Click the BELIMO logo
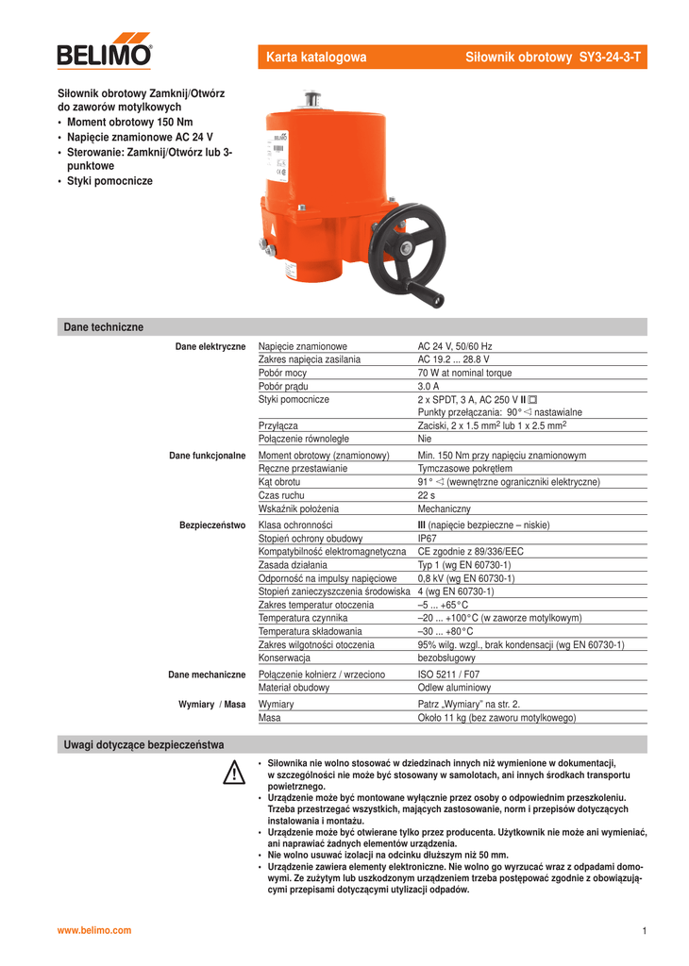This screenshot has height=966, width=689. click(104, 50)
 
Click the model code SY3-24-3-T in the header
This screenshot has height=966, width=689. click(610, 58)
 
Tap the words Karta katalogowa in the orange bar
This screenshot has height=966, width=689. click(316, 58)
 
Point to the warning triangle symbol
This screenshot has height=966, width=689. click(234, 772)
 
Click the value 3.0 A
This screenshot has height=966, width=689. click(429, 386)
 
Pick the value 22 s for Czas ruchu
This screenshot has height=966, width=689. click(427, 495)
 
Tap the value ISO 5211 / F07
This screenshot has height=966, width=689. click(449, 675)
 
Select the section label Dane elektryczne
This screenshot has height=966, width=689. click(210, 347)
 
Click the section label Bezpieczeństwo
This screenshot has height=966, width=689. click(212, 525)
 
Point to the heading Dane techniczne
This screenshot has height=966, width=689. click(104, 326)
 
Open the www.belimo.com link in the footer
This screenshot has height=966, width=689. click(95, 930)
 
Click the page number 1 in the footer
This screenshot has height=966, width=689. click(644, 931)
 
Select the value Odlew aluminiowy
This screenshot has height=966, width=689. click(454, 688)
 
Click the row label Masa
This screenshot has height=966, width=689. click(270, 718)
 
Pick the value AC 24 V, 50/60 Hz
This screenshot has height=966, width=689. click(455, 346)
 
